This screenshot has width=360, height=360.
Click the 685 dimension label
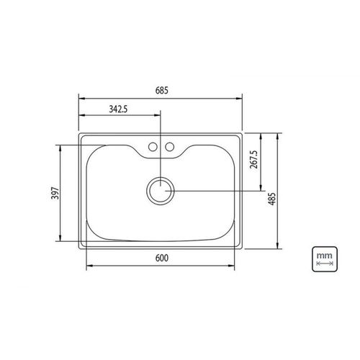click(162, 91)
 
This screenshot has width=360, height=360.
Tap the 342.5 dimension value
click(118, 109)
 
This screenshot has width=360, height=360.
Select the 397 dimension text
click(55, 193)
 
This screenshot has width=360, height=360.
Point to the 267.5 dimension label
click(253, 160)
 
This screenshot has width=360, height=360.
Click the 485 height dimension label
click(272, 199)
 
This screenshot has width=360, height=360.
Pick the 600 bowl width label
click(162, 258)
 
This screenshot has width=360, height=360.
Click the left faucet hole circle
click(153, 147)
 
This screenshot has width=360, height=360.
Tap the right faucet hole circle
click(170, 147)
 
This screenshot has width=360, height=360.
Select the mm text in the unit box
click(324, 256)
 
